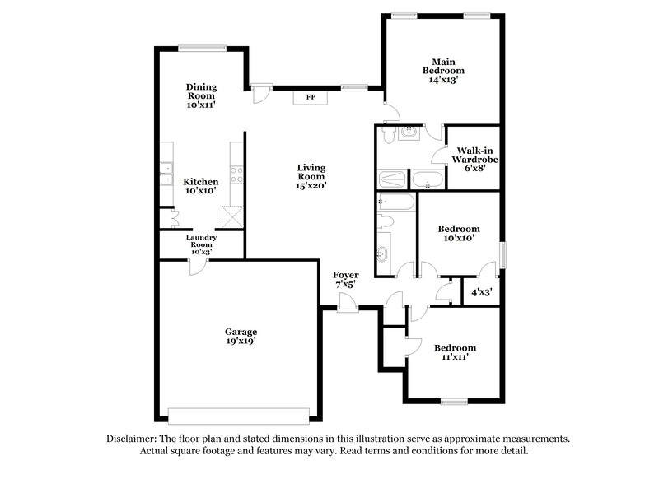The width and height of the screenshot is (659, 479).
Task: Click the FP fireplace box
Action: [311, 97]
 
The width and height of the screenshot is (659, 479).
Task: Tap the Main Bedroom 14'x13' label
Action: [440, 71]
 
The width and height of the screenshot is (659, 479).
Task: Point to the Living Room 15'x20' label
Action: [311, 176]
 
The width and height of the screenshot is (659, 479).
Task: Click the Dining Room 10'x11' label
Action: [200, 95]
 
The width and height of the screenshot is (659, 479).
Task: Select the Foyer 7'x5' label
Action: [345, 279]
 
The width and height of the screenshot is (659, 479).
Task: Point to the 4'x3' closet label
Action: [481, 291]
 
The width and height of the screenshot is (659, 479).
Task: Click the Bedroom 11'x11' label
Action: [455, 353]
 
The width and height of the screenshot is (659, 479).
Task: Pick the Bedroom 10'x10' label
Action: [458, 234]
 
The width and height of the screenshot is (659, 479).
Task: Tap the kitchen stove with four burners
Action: [236, 174]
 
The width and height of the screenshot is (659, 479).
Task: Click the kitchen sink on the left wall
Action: [164, 174]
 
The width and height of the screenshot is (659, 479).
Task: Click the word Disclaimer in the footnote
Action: [134, 439]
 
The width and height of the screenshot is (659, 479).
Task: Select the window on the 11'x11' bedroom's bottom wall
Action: [454, 401]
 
